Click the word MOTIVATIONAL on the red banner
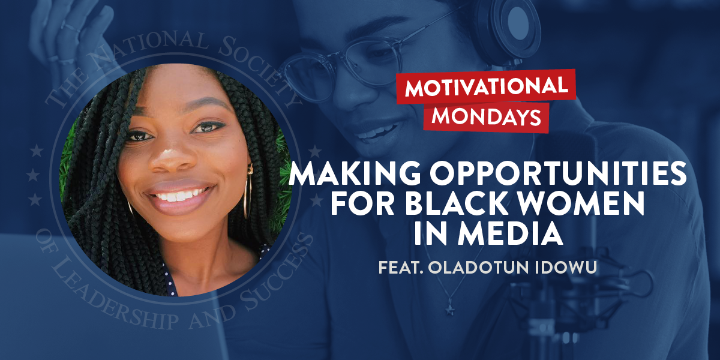tap(486, 88)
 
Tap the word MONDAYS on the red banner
tap(486, 116)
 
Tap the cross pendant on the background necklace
tap(449, 310)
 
